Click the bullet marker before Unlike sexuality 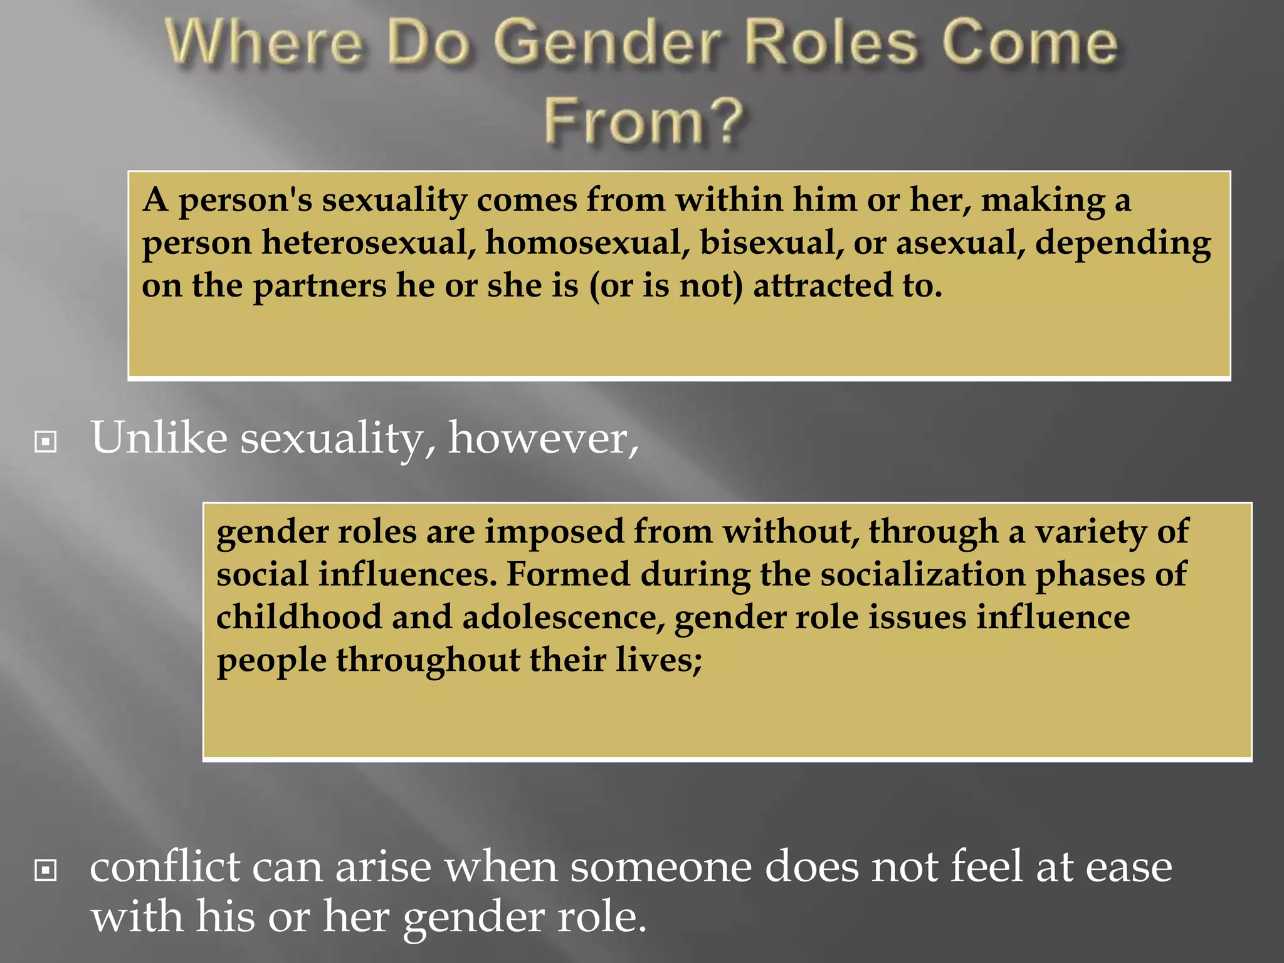tap(46, 441)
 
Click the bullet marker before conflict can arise tap(46, 870)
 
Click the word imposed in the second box tap(554, 532)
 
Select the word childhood tap(299, 617)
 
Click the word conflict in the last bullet tap(165, 867)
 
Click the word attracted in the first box tap(822, 286)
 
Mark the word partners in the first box tap(319, 286)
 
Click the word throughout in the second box tap(428, 660)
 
